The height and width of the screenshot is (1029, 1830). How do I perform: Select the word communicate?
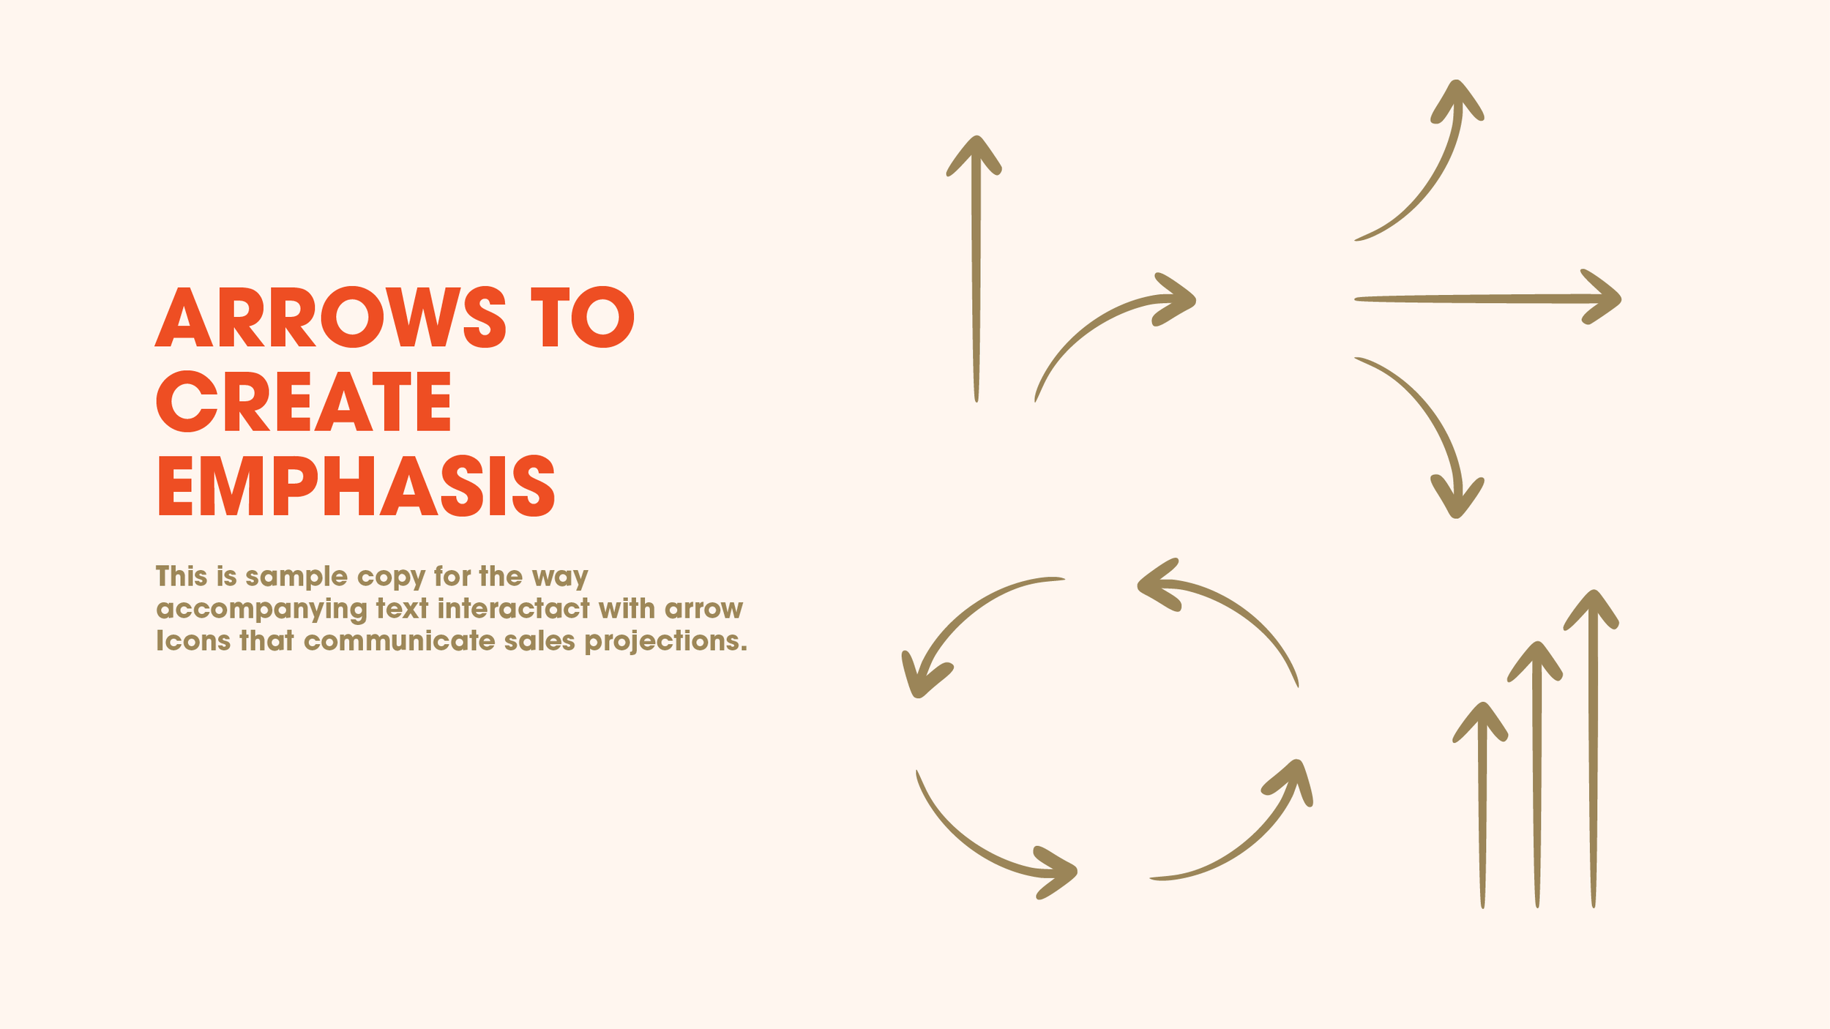399,641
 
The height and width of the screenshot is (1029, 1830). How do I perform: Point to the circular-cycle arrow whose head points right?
981,842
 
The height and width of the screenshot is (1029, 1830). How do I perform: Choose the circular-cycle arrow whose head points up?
1244,834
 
